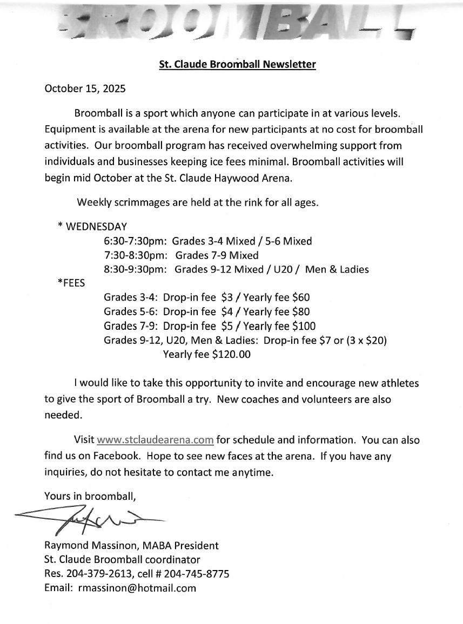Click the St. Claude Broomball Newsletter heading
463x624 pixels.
(237, 65)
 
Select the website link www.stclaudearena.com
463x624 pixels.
(155, 440)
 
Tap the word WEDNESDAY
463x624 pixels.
(96, 227)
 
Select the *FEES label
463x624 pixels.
(71, 283)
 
